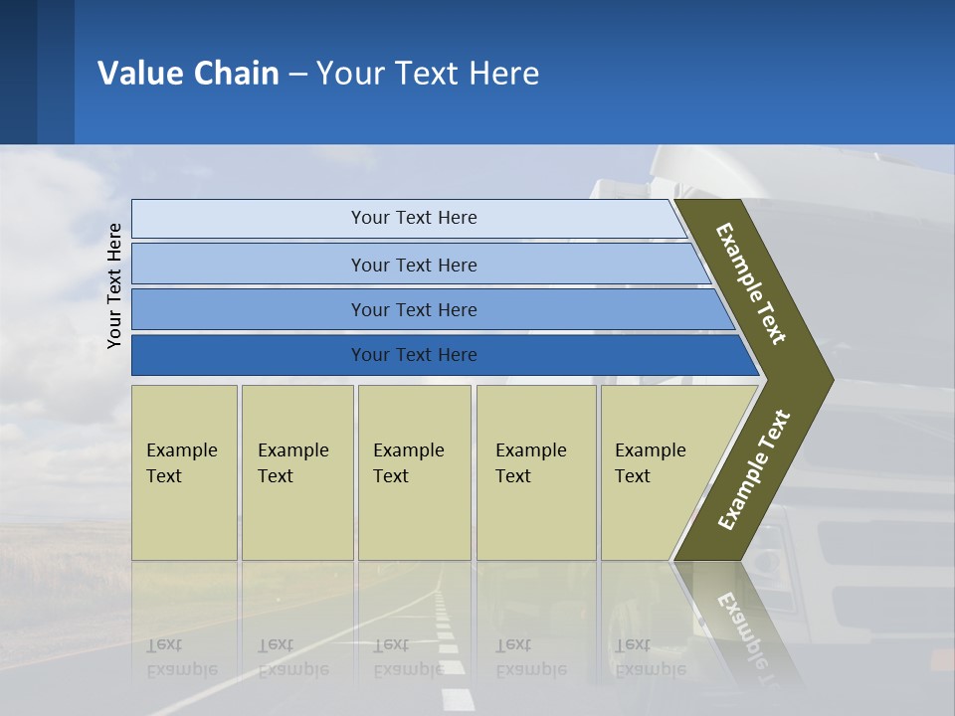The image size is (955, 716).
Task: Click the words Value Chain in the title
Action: point(188,74)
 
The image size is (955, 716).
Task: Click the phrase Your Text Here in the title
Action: point(428,74)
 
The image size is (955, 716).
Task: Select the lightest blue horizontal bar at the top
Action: point(408,218)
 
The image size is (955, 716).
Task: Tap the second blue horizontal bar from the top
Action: point(414,265)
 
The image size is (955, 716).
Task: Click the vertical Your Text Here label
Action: point(115,285)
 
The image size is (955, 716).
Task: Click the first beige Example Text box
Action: point(184,472)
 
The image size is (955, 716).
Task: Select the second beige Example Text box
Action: point(296,472)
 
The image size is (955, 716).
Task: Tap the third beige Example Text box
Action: point(414,472)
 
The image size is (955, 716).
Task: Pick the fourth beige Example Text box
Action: point(535,472)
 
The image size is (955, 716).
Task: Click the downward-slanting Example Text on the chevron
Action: point(751,283)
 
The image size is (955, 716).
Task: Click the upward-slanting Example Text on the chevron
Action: point(754,469)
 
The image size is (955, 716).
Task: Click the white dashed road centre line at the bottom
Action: point(453,676)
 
